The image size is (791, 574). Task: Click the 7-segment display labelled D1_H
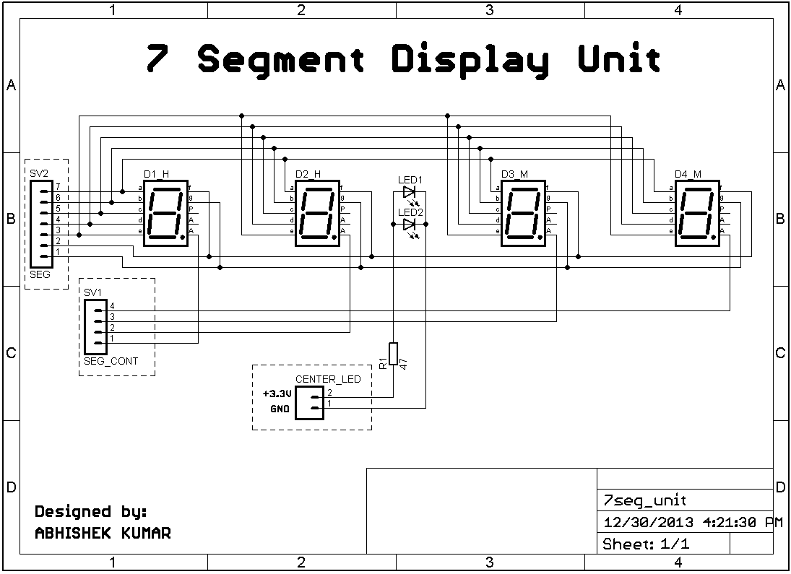(165, 214)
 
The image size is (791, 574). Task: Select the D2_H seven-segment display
(317, 214)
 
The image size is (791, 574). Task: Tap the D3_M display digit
(523, 214)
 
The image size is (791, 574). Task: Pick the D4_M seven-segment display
(697, 214)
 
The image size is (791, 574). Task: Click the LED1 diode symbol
(410, 192)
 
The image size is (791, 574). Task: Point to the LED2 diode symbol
(410, 225)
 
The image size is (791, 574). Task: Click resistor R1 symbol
(393, 354)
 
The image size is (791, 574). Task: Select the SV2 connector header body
(40, 224)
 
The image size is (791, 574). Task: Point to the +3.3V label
(276, 395)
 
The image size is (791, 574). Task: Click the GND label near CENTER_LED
(280, 409)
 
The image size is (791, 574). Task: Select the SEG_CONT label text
(111, 361)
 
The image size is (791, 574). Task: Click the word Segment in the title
(281, 59)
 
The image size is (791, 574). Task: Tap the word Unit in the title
(619, 59)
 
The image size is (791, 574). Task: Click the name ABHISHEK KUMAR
(103, 534)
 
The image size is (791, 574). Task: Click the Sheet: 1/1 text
(646, 544)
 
